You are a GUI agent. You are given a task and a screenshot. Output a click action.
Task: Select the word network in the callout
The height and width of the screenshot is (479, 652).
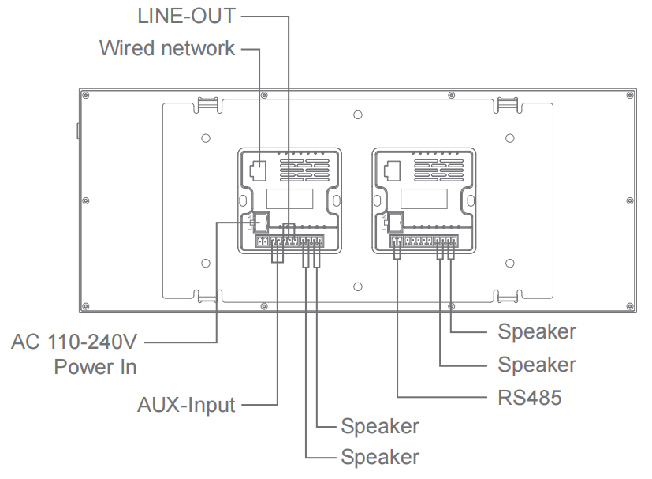pyautogui.click(x=198, y=48)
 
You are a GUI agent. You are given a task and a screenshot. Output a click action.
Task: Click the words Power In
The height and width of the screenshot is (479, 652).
pyautogui.click(x=95, y=367)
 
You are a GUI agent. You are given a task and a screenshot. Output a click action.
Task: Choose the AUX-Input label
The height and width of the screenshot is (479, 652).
pyautogui.click(x=186, y=406)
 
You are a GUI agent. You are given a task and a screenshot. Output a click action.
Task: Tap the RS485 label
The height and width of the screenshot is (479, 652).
pyautogui.click(x=530, y=397)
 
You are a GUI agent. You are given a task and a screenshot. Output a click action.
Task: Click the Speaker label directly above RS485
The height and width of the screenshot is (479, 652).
pyautogui.click(x=536, y=365)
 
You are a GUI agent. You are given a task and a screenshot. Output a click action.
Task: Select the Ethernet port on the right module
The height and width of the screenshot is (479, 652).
pyautogui.click(x=391, y=169)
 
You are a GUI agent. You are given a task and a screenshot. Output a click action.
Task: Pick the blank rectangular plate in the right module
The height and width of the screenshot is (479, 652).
pyautogui.click(x=424, y=197)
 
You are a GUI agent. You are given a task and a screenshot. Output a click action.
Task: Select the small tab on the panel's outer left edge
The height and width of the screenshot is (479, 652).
pyautogui.click(x=77, y=130)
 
